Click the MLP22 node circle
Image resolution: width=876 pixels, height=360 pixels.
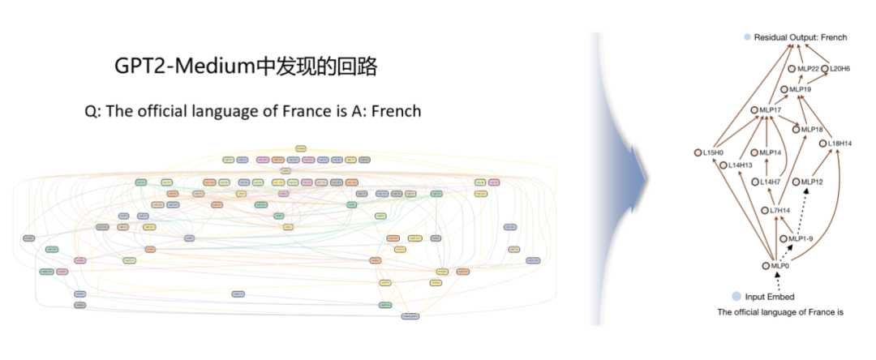[792, 69]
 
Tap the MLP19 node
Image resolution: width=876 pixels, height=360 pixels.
[784, 89]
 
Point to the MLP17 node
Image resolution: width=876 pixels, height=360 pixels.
[754, 110]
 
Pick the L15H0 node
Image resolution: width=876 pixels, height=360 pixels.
[698, 152]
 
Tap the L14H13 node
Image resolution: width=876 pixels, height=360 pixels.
[723, 165]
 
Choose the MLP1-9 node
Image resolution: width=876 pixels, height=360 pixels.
[784, 238]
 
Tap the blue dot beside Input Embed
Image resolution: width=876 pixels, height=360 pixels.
[736, 297]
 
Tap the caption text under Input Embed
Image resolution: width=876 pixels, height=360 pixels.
[775, 312]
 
